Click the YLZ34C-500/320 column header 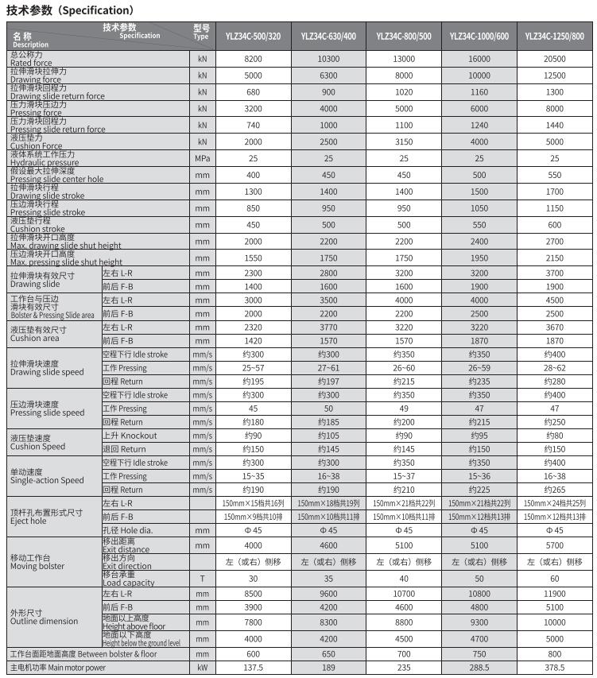click(x=253, y=37)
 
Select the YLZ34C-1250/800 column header click(x=555, y=37)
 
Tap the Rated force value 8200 click(x=253, y=60)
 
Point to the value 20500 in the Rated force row click(x=555, y=60)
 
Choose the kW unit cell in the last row click(x=202, y=668)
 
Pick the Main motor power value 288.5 click(x=479, y=668)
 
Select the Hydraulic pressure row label click(x=44, y=158)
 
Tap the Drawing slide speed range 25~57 click(x=253, y=368)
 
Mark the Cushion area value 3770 click(x=328, y=327)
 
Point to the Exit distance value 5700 click(x=555, y=546)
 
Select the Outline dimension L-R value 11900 click(x=555, y=594)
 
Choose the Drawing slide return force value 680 click(x=253, y=92)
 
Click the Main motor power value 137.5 click(x=253, y=668)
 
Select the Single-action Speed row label click(x=46, y=476)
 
